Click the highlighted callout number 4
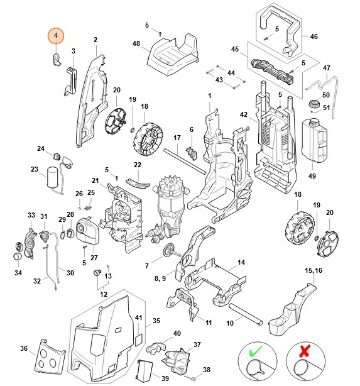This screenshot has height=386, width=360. coord(56,36)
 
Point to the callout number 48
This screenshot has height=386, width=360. coord(136,43)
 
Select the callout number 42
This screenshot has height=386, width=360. coord(243,114)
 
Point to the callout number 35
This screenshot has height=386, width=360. coord(157,321)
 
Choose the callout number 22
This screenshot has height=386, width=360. coord(138,165)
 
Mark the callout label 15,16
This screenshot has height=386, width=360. coord(312,270)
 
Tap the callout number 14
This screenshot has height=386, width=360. coord(241,262)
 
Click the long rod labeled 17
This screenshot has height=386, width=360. coord(185,162)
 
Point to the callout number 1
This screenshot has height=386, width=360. coord(209,95)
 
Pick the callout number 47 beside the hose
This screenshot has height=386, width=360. coord(326,68)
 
